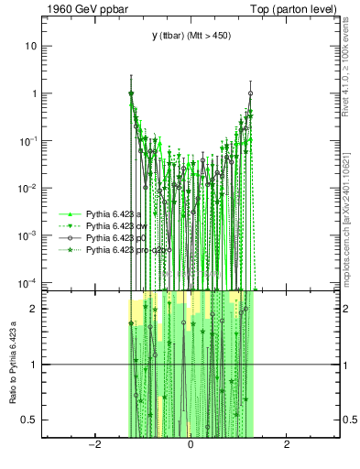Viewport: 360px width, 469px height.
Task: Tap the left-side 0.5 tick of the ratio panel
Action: pos(31,420)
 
